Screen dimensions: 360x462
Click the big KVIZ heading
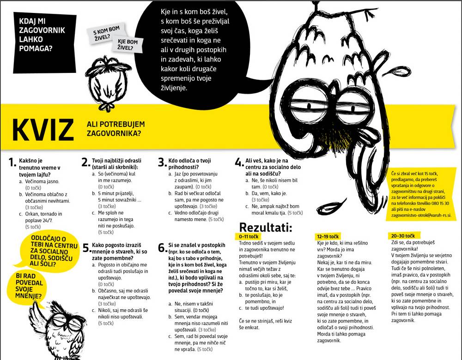43,131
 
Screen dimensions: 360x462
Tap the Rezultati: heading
266,227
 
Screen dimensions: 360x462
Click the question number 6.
162,248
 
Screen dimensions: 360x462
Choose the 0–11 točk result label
249,236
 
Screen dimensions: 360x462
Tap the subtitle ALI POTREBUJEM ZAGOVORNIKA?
116,129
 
